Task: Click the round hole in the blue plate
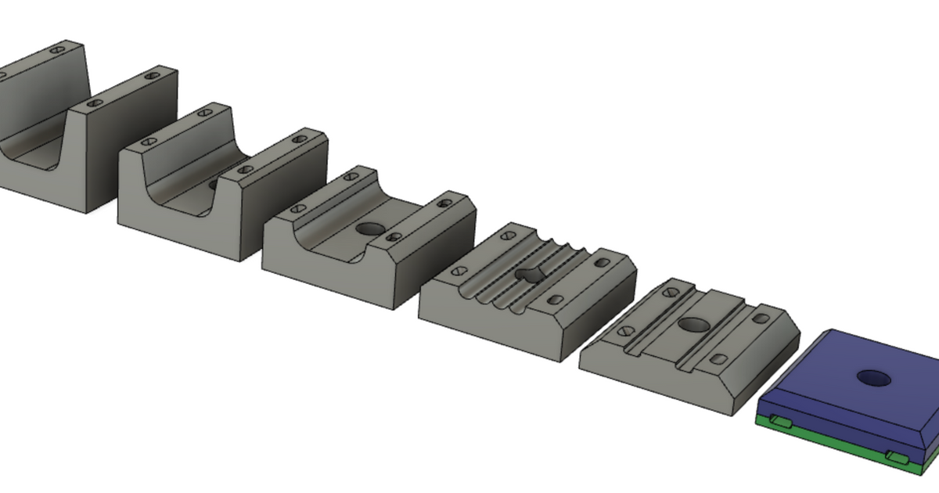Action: click(874, 379)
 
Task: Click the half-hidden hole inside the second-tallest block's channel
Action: click(214, 185)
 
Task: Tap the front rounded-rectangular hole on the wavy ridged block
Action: click(556, 299)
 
